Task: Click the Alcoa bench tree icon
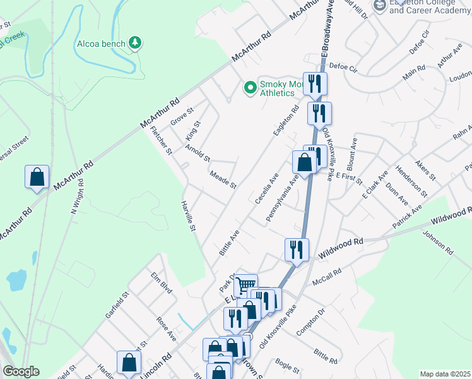coord(134,43)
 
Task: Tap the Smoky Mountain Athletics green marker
coord(251,88)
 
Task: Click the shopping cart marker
coord(245,286)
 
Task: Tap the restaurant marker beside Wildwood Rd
coord(296,250)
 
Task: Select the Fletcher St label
coord(161,141)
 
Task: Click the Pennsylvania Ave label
coord(281,199)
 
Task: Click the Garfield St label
coord(117,304)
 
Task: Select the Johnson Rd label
coord(438,242)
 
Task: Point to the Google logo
coord(21,371)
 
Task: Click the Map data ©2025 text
coord(444,374)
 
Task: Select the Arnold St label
coord(198,153)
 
